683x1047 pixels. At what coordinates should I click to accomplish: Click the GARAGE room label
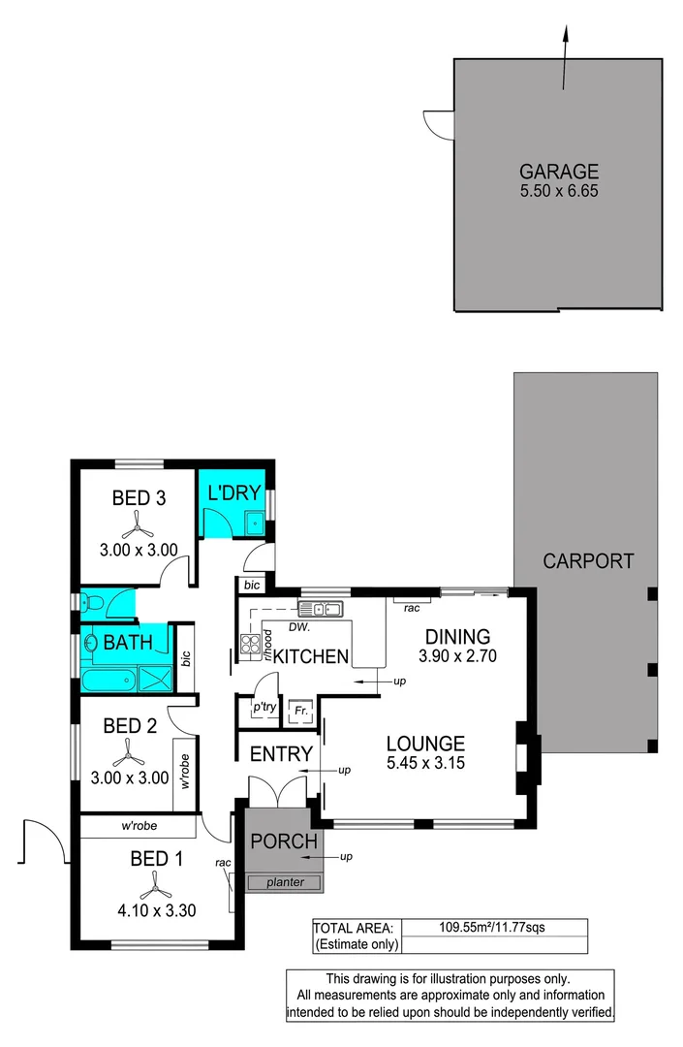pyautogui.click(x=558, y=173)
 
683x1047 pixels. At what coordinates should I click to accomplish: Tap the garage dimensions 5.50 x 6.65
pyautogui.click(x=558, y=192)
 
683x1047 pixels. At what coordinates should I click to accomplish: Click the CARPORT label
pyautogui.click(x=588, y=560)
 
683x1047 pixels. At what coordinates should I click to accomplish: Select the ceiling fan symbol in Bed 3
pyautogui.click(x=139, y=526)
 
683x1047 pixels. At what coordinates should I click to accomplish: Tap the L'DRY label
pyautogui.click(x=230, y=492)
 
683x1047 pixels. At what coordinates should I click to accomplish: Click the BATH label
pyautogui.click(x=127, y=642)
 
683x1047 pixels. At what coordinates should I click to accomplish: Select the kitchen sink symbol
pyautogui.click(x=321, y=609)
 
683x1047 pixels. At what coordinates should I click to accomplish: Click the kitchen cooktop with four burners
pyautogui.click(x=250, y=646)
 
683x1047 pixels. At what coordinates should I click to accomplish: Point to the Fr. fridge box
pyautogui.click(x=300, y=709)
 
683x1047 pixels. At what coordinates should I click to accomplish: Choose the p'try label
pyautogui.click(x=264, y=709)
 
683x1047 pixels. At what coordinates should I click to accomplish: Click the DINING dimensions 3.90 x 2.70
pyautogui.click(x=456, y=656)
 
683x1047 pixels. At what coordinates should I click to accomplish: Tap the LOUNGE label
pyautogui.click(x=425, y=744)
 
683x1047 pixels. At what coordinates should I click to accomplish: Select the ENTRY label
pyautogui.click(x=281, y=754)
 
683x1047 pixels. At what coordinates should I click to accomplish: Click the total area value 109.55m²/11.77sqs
pyautogui.click(x=493, y=927)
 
